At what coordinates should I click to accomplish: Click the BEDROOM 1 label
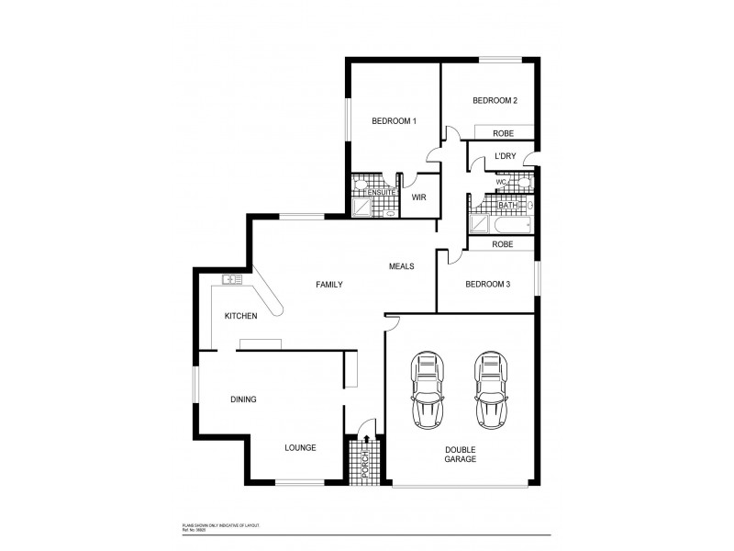tap(394, 121)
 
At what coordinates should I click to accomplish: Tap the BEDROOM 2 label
tap(495, 100)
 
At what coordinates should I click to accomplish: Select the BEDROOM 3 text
tap(487, 284)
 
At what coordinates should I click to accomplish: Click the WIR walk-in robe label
tap(418, 197)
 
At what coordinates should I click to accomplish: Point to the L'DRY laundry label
tap(504, 157)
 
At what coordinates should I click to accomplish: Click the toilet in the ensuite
tap(390, 212)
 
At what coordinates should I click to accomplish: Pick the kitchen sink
tap(230, 279)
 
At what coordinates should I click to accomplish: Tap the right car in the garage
tap(491, 389)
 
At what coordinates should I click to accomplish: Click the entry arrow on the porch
tap(367, 423)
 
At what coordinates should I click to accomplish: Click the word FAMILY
tap(329, 285)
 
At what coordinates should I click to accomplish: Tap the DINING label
tap(243, 399)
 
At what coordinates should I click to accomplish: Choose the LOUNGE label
tap(300, 448)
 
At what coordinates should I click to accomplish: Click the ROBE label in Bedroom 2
tap(502, 133)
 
